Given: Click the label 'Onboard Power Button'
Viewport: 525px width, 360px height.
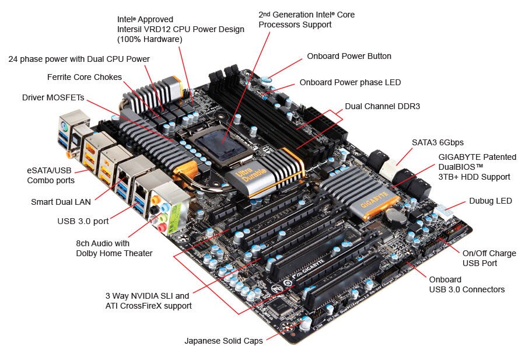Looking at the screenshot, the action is (x=349, y=56).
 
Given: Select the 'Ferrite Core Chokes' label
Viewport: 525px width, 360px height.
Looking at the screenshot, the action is (x=85, y=77).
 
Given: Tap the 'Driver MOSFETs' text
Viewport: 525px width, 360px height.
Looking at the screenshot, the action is (x=53, y=97).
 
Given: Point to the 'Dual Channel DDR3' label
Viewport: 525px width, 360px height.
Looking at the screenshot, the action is (x=382, y=107).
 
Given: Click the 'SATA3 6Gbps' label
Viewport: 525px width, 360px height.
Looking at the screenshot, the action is (x=437, y=143).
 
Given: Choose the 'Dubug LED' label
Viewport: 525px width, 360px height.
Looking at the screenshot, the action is (x=491, y=201).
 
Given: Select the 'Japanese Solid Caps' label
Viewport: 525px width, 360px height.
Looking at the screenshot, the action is (x=223, y=341).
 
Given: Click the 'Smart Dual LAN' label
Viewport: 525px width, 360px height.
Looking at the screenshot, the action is (x=61, y=202).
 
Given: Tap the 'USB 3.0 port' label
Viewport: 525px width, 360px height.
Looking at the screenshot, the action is (x=83, y=221).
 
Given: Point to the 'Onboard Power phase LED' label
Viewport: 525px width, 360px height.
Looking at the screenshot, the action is (x=350, y=82).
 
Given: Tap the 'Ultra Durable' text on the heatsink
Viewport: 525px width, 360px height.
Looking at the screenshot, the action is (x=251, y=175).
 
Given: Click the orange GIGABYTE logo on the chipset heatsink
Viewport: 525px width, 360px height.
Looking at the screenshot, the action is (x=375, y=200).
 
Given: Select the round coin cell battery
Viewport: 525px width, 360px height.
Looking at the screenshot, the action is (x=396, y=217).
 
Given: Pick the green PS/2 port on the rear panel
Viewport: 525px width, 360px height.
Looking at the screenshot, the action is (x=65, y=127).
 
